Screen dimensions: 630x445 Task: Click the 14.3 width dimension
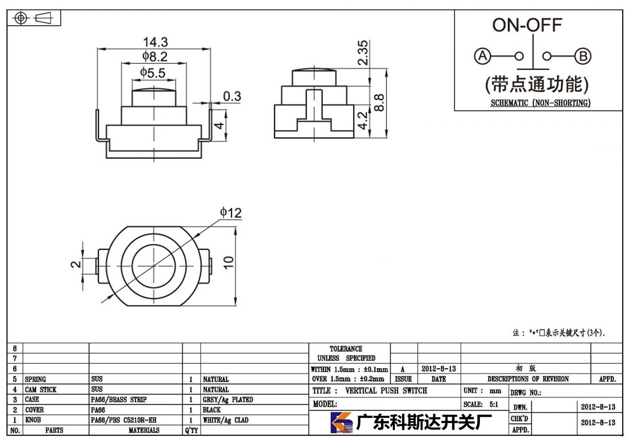click(156, 42)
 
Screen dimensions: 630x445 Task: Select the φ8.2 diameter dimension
click(155, 57)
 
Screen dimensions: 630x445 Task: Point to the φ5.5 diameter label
click(153, 73)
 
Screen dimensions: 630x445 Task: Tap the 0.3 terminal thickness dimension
click(232, 96)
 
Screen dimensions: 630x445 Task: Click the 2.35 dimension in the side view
click(363, 53)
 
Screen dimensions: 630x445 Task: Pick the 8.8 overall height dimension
click(379, 103)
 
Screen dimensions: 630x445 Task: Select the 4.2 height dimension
click(363, 121)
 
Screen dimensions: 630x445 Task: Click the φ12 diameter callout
click(231, 213)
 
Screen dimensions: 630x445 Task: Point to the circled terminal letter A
click(482, 56)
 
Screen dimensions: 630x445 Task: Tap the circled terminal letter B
click(583, 56)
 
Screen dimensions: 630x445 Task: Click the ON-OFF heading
click(527, 25)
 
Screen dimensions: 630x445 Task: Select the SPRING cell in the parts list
click(35, 379)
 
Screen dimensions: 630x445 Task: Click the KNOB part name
click(33, 420)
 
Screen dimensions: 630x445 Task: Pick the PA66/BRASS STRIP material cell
click(119, 399)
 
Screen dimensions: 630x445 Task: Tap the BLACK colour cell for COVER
click(211, 410)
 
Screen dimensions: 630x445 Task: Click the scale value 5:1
click(494, 404)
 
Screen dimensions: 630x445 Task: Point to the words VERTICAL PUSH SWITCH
click(386, 390)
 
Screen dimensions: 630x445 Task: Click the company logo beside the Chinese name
click(341, 422)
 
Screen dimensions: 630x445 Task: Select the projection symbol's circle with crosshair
click(21, 18)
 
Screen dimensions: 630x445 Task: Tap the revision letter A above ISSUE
click(402, 369)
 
